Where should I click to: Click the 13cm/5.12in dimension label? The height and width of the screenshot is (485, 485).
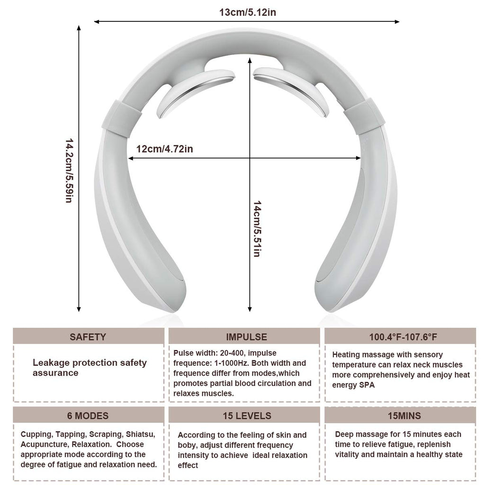247,12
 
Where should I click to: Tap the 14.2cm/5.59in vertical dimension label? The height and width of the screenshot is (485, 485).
69,171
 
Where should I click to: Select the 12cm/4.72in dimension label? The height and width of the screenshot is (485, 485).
164,149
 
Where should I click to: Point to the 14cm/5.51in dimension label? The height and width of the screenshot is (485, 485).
257,229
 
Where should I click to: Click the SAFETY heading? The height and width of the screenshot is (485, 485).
88,337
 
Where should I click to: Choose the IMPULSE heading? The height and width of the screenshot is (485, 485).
246,337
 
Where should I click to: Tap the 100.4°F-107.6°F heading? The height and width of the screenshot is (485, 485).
403,337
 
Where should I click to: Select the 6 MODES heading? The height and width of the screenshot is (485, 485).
88,416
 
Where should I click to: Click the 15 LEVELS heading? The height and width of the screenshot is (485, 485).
247,416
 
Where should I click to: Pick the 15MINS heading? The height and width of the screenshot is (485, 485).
404,416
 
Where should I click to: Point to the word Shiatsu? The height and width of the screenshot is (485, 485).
140,434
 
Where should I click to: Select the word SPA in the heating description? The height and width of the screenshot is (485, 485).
367,385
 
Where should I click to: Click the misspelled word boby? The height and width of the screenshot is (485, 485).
188,445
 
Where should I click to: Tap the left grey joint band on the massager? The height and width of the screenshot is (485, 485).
121,118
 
